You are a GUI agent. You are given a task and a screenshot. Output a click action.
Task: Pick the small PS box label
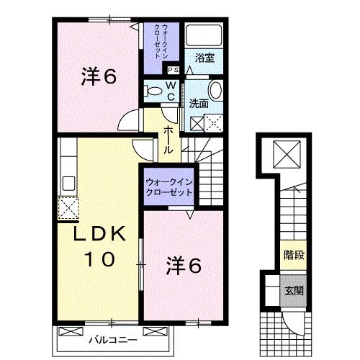173,70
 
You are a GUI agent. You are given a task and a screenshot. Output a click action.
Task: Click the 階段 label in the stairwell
292,255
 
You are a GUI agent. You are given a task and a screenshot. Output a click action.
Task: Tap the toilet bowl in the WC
153,91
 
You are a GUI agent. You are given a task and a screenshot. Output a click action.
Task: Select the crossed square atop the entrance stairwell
292,154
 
